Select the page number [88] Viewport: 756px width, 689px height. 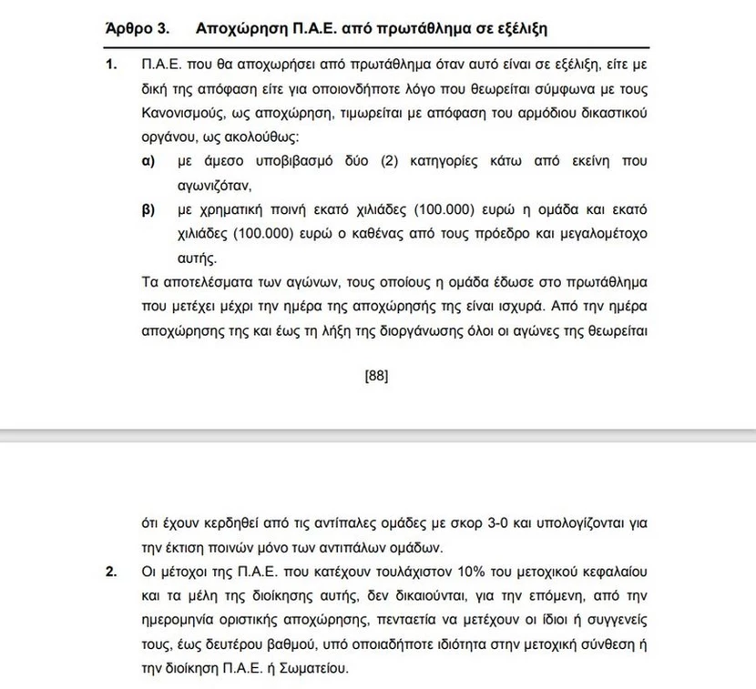pos(376,374)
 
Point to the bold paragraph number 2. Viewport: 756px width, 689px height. pos(112,572)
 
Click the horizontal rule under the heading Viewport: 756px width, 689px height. pos(377,46)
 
